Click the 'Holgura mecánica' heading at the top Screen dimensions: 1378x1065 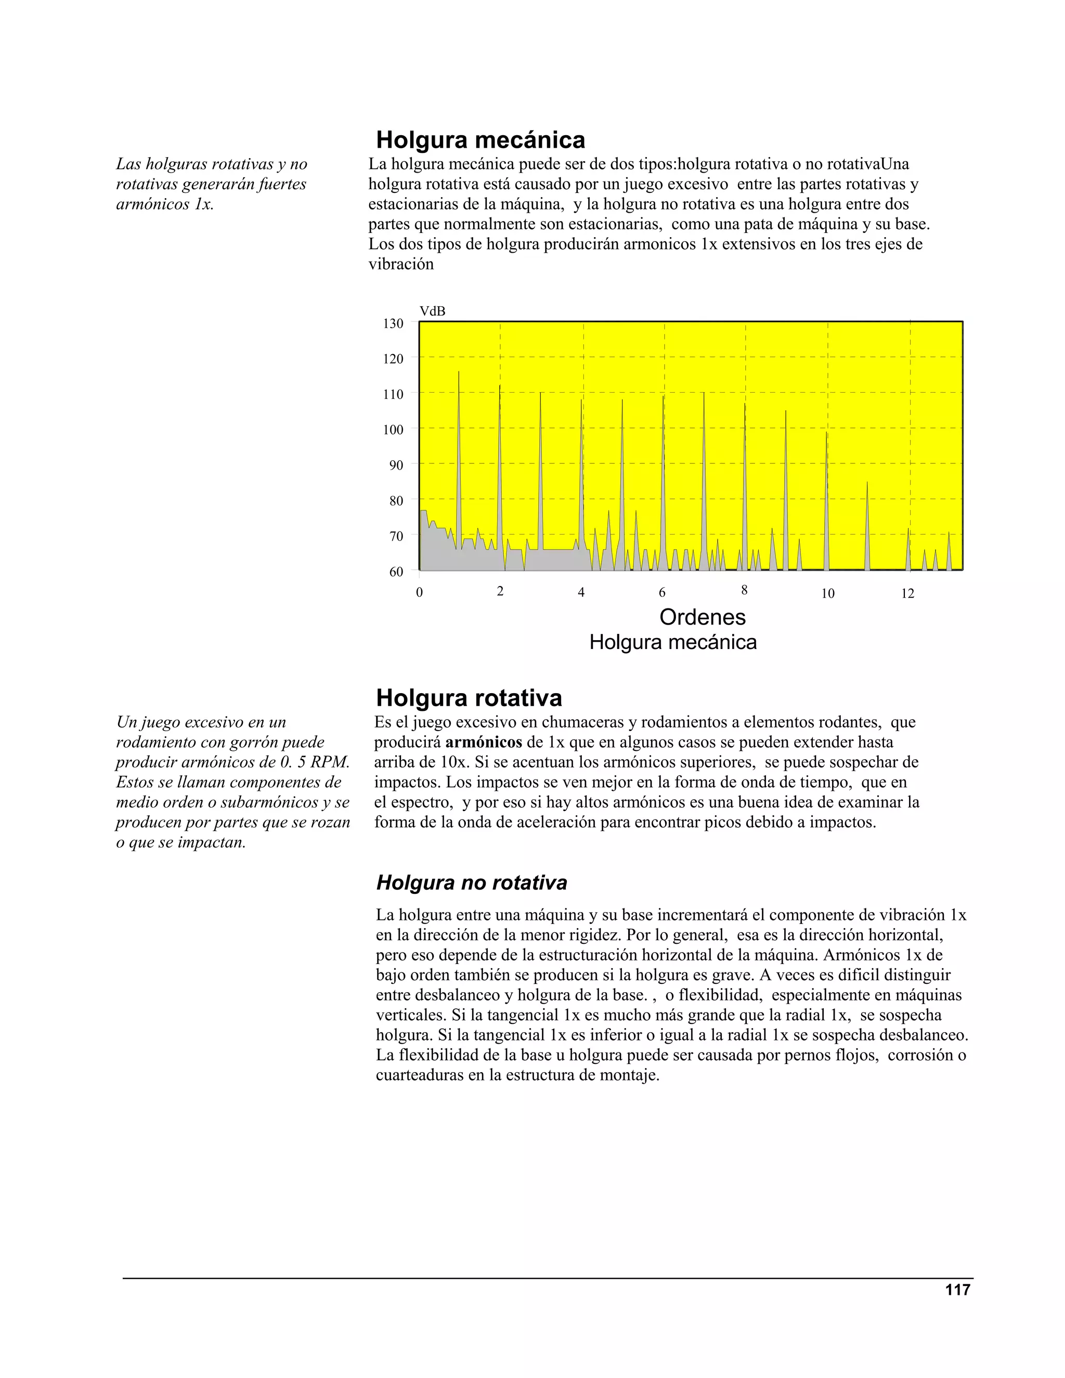[x=480, y=139]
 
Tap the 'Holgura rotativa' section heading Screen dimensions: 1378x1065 [x=469, y=698]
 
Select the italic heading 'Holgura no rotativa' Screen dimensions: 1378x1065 [x=471, y=882]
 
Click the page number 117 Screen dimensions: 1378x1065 [x=957, y=1290]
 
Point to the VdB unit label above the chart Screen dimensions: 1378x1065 [x=432, y=311]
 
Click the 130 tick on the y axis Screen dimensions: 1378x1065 [x=393, y=323]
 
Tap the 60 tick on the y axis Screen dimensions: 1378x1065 [x=396, y=571]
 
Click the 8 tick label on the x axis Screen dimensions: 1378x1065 [x=745, y=590]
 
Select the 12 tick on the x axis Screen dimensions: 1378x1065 [x=907, y=593]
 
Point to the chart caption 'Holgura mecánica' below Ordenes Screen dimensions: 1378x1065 [x=672, y=642]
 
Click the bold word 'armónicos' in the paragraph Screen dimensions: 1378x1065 [x=483, y=742]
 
